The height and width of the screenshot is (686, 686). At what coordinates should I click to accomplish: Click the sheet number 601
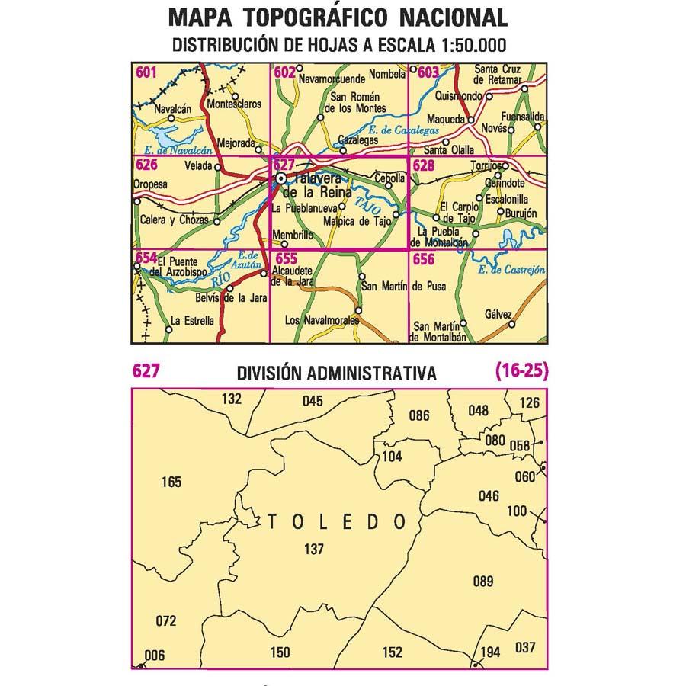pos(146,73)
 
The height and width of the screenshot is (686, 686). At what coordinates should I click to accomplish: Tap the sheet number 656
pos(425,260)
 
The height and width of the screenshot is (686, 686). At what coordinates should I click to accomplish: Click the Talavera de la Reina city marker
pos(281,178)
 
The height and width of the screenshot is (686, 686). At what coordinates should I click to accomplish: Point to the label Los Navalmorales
pos(321,321)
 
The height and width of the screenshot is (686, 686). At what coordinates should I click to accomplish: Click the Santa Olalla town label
pos(448,150)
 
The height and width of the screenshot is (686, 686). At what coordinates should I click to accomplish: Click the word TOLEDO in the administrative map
pos(336,522)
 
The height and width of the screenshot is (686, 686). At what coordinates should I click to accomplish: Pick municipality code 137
pos(313,549)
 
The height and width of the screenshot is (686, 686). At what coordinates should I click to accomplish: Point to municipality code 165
pos(172,482)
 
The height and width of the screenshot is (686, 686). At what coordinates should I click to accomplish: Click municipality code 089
pos(483,582)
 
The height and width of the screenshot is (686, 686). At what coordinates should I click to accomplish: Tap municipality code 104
pos(392,457)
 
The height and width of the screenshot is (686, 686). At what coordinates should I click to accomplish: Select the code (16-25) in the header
pos(521,371)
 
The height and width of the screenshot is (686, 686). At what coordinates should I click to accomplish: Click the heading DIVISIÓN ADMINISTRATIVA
pos(336,373)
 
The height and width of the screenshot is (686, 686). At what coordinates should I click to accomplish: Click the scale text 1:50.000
pos(474,45)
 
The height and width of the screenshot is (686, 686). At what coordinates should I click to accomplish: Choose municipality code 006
pos(155,655)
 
